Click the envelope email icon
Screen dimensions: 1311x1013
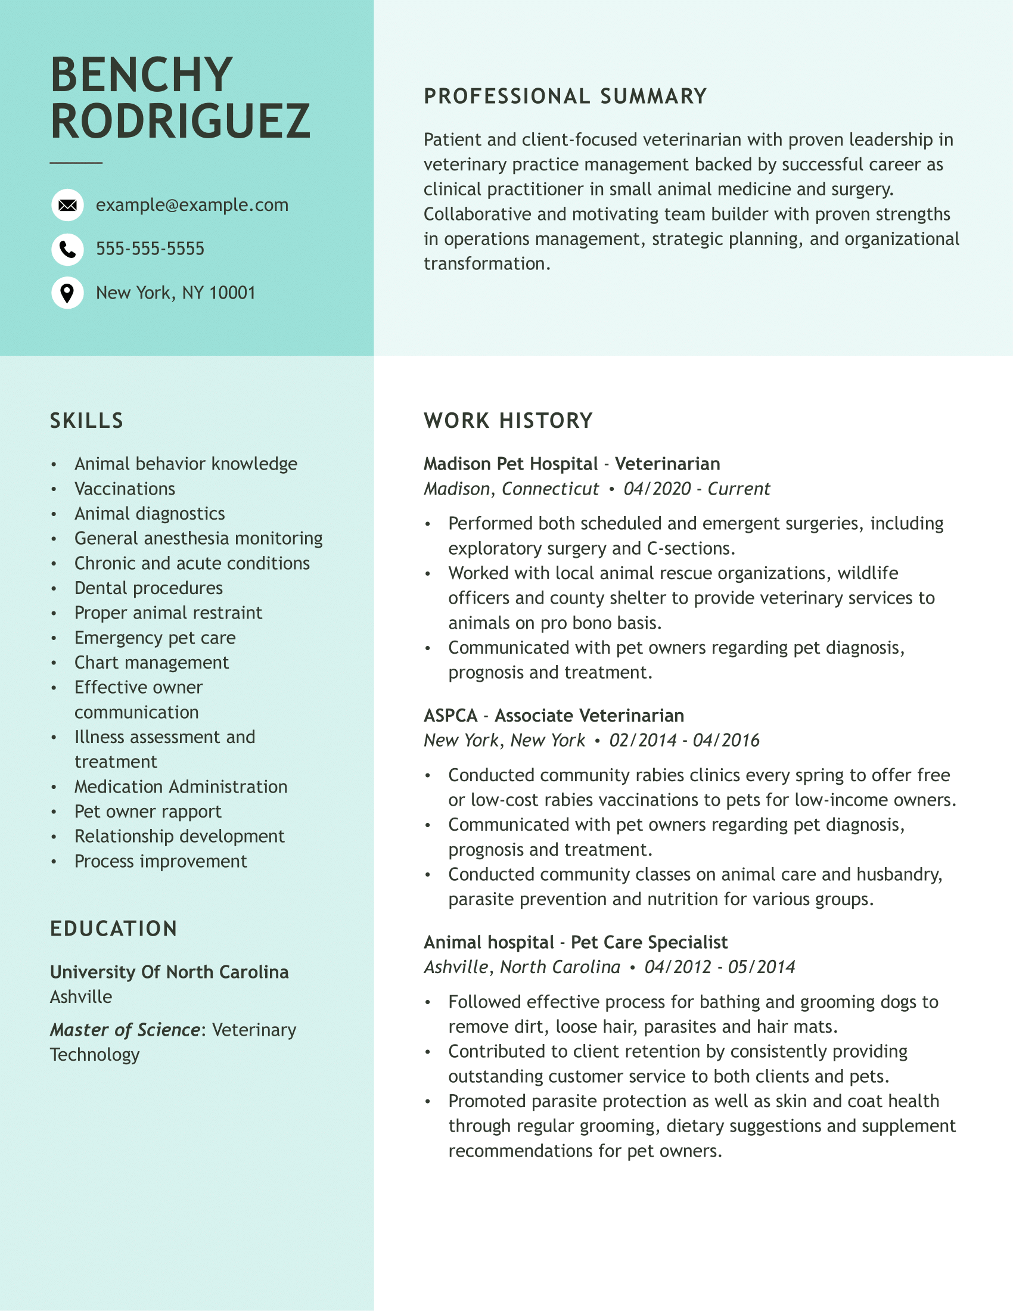click(x=67, y=206)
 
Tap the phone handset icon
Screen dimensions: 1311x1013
click(x=67, y=249)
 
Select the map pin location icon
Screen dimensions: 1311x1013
click(x=67, y=293)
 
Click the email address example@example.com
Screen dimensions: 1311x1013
click(x=192, y=206)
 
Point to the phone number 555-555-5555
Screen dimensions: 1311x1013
click(x=150, y=248)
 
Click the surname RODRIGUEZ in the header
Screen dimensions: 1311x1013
click(x=180, y=122)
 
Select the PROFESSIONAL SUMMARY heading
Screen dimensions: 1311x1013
click(x=565, y=97)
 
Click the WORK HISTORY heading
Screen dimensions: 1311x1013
click(x=508, y=421)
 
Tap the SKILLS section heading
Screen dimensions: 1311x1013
click(x=87, y=421)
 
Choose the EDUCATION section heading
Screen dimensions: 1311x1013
click(x=114, y=928)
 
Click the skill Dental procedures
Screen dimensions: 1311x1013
click(x=148, y=588)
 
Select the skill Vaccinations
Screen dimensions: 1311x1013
click(x=125, y=489)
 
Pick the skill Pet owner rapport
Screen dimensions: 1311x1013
click(x=148, y=812)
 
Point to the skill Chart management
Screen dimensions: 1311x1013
click(x=151, y=663)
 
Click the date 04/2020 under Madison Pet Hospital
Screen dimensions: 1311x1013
click(x=657, y=489)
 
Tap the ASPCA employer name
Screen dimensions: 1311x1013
click(x=450, y=716)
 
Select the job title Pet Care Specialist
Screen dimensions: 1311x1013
click(x=650, y=943)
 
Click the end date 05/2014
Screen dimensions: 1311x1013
click(x=762, y=967)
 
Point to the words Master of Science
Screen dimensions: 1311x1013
click(x=125, y=1030)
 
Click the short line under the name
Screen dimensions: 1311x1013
click(x=76, y=163)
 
